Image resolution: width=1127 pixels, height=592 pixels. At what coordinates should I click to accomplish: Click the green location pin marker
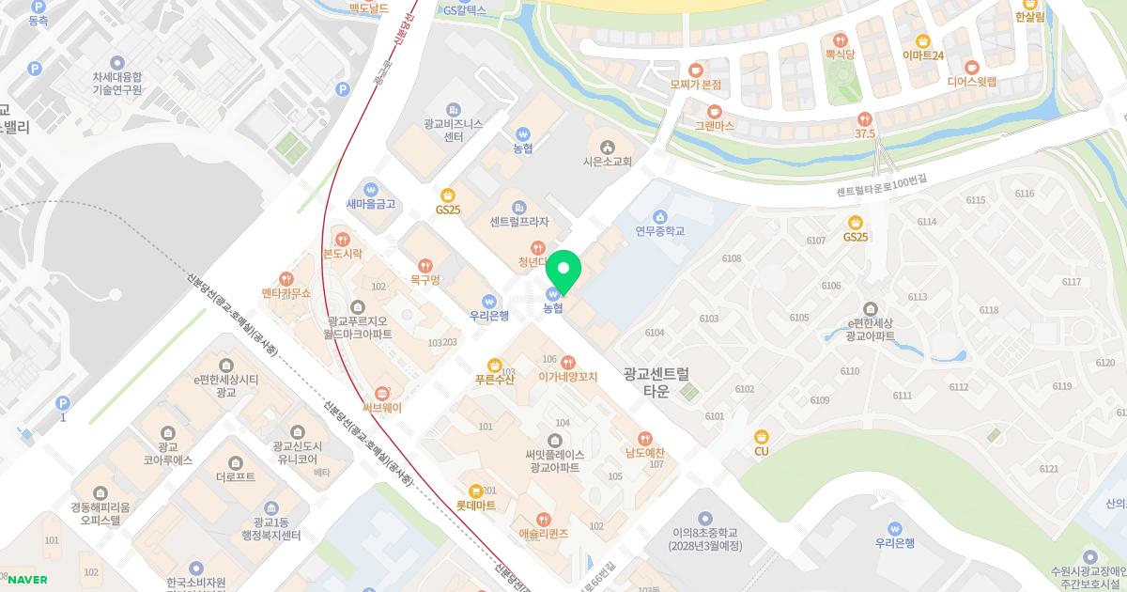coord(563,270)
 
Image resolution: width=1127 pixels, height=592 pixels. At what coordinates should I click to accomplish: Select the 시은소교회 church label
coord(608,161)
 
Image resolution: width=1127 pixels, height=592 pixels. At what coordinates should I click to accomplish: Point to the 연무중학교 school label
coord(660,230)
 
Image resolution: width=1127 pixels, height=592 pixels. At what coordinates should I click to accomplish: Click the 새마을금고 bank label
coord(371,203)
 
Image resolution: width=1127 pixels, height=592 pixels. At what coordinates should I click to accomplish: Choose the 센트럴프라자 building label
coord(518,222)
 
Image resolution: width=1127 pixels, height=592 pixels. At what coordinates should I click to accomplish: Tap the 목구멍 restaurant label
coord(425,279)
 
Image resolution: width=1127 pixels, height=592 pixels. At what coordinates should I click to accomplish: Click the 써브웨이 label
coord(382,407)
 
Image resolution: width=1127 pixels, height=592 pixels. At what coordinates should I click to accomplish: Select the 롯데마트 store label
coord(476,505)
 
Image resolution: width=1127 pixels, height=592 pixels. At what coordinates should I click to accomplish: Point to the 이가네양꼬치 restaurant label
coord(568,376)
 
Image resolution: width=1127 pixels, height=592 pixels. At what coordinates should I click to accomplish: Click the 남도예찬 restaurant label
coord(645,452)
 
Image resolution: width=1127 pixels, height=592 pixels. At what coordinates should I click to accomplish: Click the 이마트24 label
coord(923,55)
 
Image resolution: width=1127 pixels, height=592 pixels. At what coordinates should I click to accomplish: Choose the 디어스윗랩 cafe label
coord(971,81)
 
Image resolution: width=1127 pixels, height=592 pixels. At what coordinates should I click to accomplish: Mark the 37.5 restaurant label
coord(865,133)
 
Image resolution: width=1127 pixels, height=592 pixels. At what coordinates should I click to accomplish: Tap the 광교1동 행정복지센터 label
coord(270,528)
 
